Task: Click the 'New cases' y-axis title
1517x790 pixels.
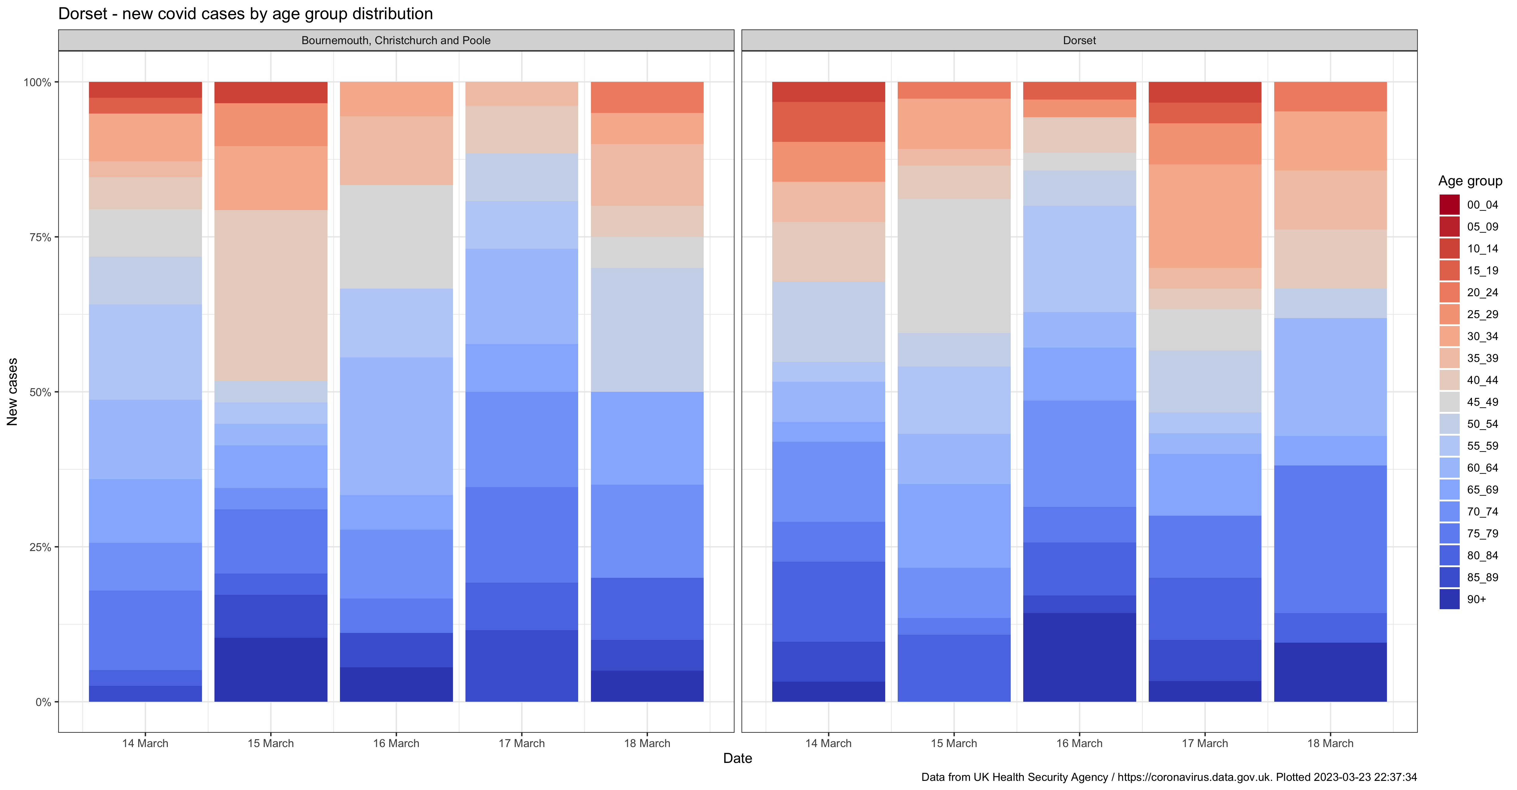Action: point(12,391)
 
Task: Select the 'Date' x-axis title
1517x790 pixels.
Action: point(737,758)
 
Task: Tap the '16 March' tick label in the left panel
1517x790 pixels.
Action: point(396,743)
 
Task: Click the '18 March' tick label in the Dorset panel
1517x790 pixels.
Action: point(1330,743)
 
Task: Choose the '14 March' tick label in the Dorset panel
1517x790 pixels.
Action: point(828,743)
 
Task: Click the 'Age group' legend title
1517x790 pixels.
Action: point(1470,181)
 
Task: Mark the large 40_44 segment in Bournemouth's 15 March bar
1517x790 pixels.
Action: point(270,296)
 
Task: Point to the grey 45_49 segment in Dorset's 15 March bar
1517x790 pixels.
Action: point(953,266)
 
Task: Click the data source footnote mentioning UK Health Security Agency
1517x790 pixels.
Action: point(1169,777)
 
